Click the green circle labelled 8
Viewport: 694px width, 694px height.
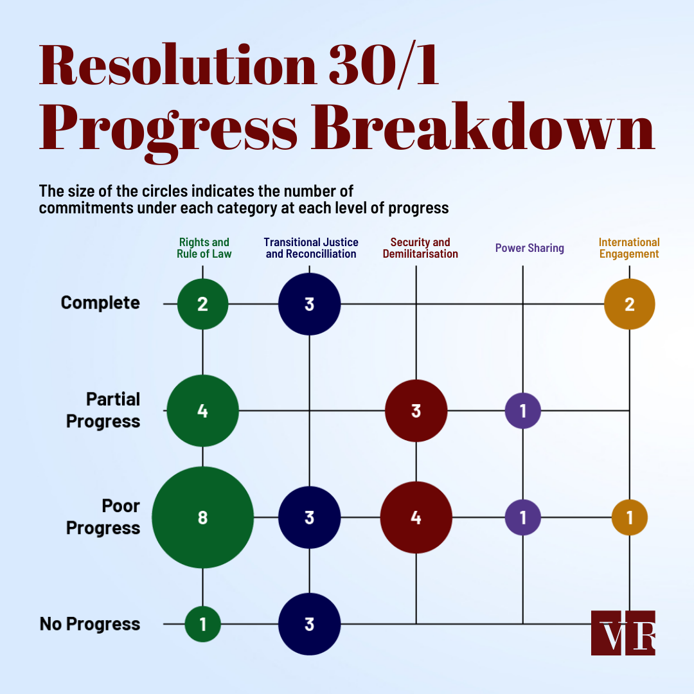point(202,517)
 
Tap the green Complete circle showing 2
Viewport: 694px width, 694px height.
point(202,304)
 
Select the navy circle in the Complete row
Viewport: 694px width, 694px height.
point(309,304)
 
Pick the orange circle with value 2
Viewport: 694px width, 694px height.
point(629,304)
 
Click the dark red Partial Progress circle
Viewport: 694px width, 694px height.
point(416,411)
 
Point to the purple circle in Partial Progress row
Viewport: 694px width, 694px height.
point(522,411)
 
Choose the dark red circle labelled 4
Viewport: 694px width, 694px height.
point(416,517)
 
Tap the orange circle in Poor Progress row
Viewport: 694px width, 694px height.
point(629,517)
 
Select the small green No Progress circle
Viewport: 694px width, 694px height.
point(202,624)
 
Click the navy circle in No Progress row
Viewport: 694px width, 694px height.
point(309,624)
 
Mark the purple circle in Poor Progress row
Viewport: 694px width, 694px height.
point(522,517)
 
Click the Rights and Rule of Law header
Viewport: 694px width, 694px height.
point(204,248)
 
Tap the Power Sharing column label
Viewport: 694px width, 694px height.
point(529,248)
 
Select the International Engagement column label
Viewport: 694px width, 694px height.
point(629,248)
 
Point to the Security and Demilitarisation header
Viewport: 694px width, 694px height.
point(420,248)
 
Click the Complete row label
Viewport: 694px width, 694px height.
point(100,303)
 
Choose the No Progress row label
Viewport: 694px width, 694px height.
point(90,624)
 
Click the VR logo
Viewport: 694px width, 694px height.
point(623,632)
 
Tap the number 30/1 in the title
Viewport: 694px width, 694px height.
point(384,65)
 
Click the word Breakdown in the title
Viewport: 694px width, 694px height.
point(483,127)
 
